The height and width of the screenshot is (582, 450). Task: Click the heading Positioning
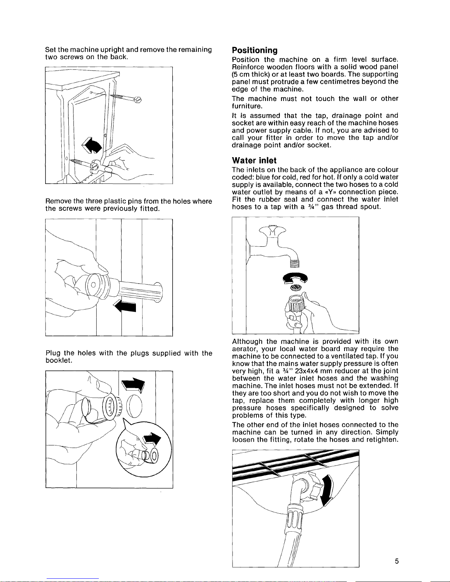(255, 50)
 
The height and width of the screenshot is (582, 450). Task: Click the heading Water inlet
(254, 160)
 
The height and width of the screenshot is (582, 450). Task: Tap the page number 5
(397, 561)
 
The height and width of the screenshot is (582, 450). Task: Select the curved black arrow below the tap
(295, 278)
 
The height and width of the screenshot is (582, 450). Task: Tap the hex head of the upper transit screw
(138, 100)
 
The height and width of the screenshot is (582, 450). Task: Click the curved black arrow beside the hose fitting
(328, 490)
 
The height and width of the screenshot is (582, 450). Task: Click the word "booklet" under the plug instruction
(58, 361)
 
